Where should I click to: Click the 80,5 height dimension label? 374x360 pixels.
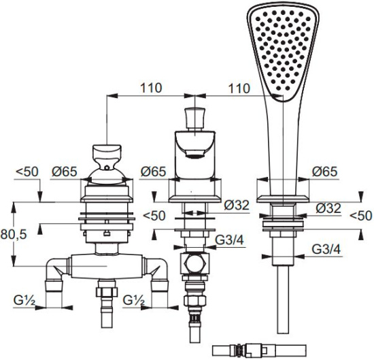point(14,235)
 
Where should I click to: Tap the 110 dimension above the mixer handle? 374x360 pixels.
point(151,88)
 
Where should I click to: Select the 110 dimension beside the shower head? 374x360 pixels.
point(239,88)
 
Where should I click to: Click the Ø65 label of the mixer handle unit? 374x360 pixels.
point(65,171)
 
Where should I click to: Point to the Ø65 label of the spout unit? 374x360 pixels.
point(153,171)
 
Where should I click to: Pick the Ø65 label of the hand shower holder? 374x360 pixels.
point(325,171)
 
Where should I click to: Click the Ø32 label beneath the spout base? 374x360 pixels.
point(237,205)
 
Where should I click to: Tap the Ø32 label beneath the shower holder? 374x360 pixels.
point(328,208)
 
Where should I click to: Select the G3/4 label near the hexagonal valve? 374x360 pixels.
point(230,240)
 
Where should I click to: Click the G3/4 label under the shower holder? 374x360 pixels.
point(326,250)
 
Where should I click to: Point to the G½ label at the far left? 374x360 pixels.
point(24,300)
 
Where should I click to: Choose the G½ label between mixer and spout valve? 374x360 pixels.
point(134,300)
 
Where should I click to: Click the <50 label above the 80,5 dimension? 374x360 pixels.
point(27,171)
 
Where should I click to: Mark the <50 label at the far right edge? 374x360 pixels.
point(361,216)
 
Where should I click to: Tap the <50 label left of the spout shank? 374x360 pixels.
point(154,216)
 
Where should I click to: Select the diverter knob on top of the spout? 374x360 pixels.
point(195,118)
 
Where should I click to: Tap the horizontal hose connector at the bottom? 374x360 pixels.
point(259,350)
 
